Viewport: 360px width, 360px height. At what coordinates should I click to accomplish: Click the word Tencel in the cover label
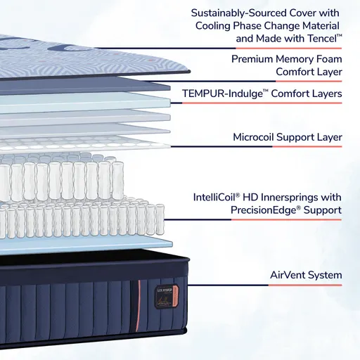320,39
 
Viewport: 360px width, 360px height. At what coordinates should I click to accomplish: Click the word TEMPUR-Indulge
222,94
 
